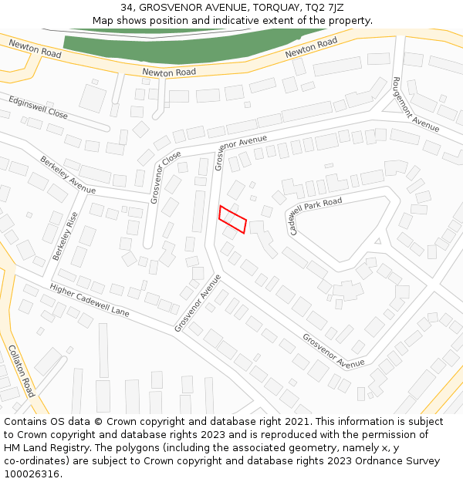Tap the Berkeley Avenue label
(67, 175)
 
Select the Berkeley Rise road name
(66, 235)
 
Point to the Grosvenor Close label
(165, 177)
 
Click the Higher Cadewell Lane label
(90, 300)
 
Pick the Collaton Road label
(21, 371)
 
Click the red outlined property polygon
(232, 219)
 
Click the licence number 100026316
(32, 474)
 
